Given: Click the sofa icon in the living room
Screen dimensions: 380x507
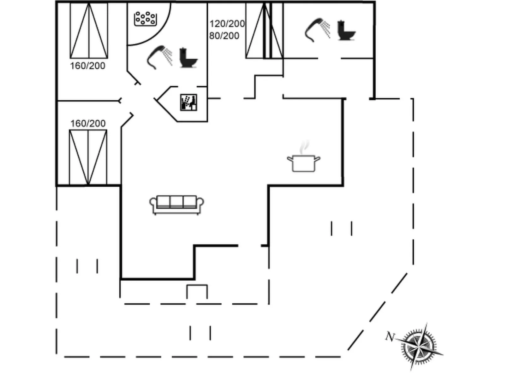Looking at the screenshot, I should tap(176, 205).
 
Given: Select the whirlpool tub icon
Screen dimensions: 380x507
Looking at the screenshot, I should tap(145, 19).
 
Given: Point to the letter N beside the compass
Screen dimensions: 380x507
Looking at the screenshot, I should tap(390, 336).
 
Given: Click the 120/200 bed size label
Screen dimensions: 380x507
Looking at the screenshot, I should tap(227, 24).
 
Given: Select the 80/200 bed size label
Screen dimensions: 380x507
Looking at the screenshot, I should tap(224, 36).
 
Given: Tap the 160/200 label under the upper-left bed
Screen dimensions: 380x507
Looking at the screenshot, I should tap(87, 66).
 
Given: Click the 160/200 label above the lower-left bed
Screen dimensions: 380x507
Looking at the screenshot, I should tap(88, 123).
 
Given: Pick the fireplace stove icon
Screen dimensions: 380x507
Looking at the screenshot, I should tap(188, 102).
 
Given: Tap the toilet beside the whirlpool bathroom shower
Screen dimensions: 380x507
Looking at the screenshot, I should tap(188, 58).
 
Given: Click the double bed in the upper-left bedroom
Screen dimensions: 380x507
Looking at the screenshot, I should tap(89, 31).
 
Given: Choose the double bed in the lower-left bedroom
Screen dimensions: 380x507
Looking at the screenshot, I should tap(88, 157).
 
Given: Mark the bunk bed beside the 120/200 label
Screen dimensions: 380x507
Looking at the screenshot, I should tap(264, 31).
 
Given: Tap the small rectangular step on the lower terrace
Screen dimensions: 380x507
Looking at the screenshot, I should tap(197, 291).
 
